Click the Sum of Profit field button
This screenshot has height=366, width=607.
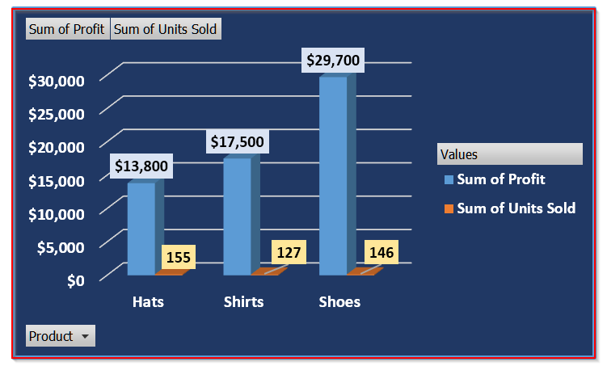67,30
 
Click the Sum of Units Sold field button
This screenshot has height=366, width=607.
165,30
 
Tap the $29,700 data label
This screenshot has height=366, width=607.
333,60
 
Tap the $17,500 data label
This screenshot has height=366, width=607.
237,142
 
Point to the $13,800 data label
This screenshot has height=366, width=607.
141,166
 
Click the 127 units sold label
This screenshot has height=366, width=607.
289,252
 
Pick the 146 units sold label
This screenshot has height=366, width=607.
381,252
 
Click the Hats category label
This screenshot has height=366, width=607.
148,302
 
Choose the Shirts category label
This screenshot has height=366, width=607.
243,302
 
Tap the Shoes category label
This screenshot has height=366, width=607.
339,302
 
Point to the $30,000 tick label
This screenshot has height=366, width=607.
57,81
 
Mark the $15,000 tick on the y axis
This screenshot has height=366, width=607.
57,181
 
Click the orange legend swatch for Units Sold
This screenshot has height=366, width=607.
449,208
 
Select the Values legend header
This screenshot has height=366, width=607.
509,154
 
